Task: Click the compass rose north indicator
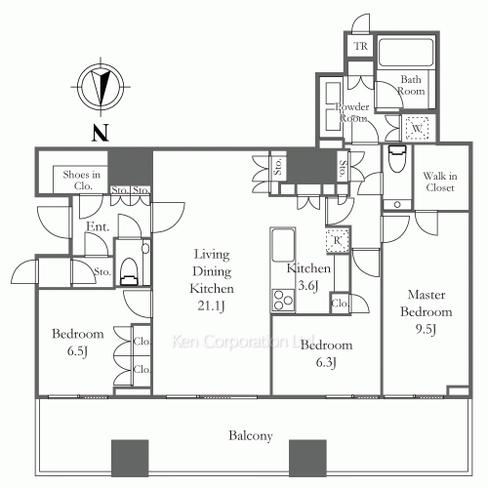click(x=101, y=87)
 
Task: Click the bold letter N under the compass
click(x=101, y=133)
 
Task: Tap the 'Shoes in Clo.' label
click(x=81, y=181)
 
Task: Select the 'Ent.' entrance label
click(x=98, y=226)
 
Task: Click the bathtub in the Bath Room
click(x=406, y=52)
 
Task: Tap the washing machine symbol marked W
click(x=417, y=128)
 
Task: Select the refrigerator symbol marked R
click(x=338, y=241)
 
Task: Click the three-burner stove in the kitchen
click(x=283, y=300)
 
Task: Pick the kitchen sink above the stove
click(x=283, y=246)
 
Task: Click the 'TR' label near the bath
click(x=361, y=46)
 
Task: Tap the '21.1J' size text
click(x=212, y=305)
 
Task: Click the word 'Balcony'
click(x=250, y=435)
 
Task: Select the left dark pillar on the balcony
click(x=130, y=458)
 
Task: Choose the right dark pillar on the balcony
click(x=307, y=458)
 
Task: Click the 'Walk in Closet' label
click(x=440, y=182)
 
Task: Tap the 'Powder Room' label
click(x=352, y=112)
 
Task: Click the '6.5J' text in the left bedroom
click(x=77, y=351)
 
